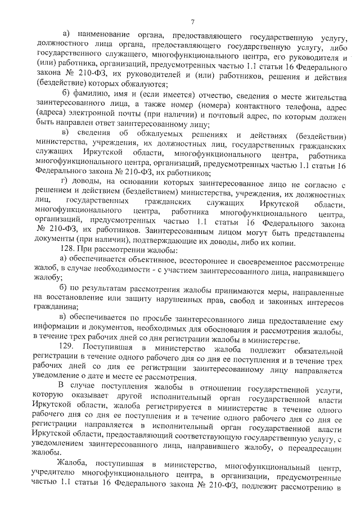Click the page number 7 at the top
pyautogui.click(x=192, y=22)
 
